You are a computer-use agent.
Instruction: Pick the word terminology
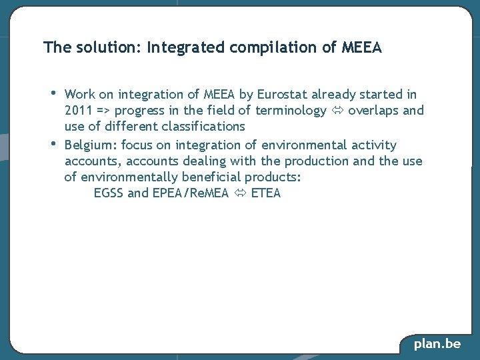click(x=291, y=111)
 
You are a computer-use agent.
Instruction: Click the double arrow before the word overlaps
click(x=337, y=111)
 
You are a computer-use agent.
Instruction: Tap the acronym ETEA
click(x=266, y=193)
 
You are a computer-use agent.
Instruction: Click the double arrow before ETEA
click(x=239, y=193)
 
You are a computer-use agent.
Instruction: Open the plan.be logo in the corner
click(x=437, y=344)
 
